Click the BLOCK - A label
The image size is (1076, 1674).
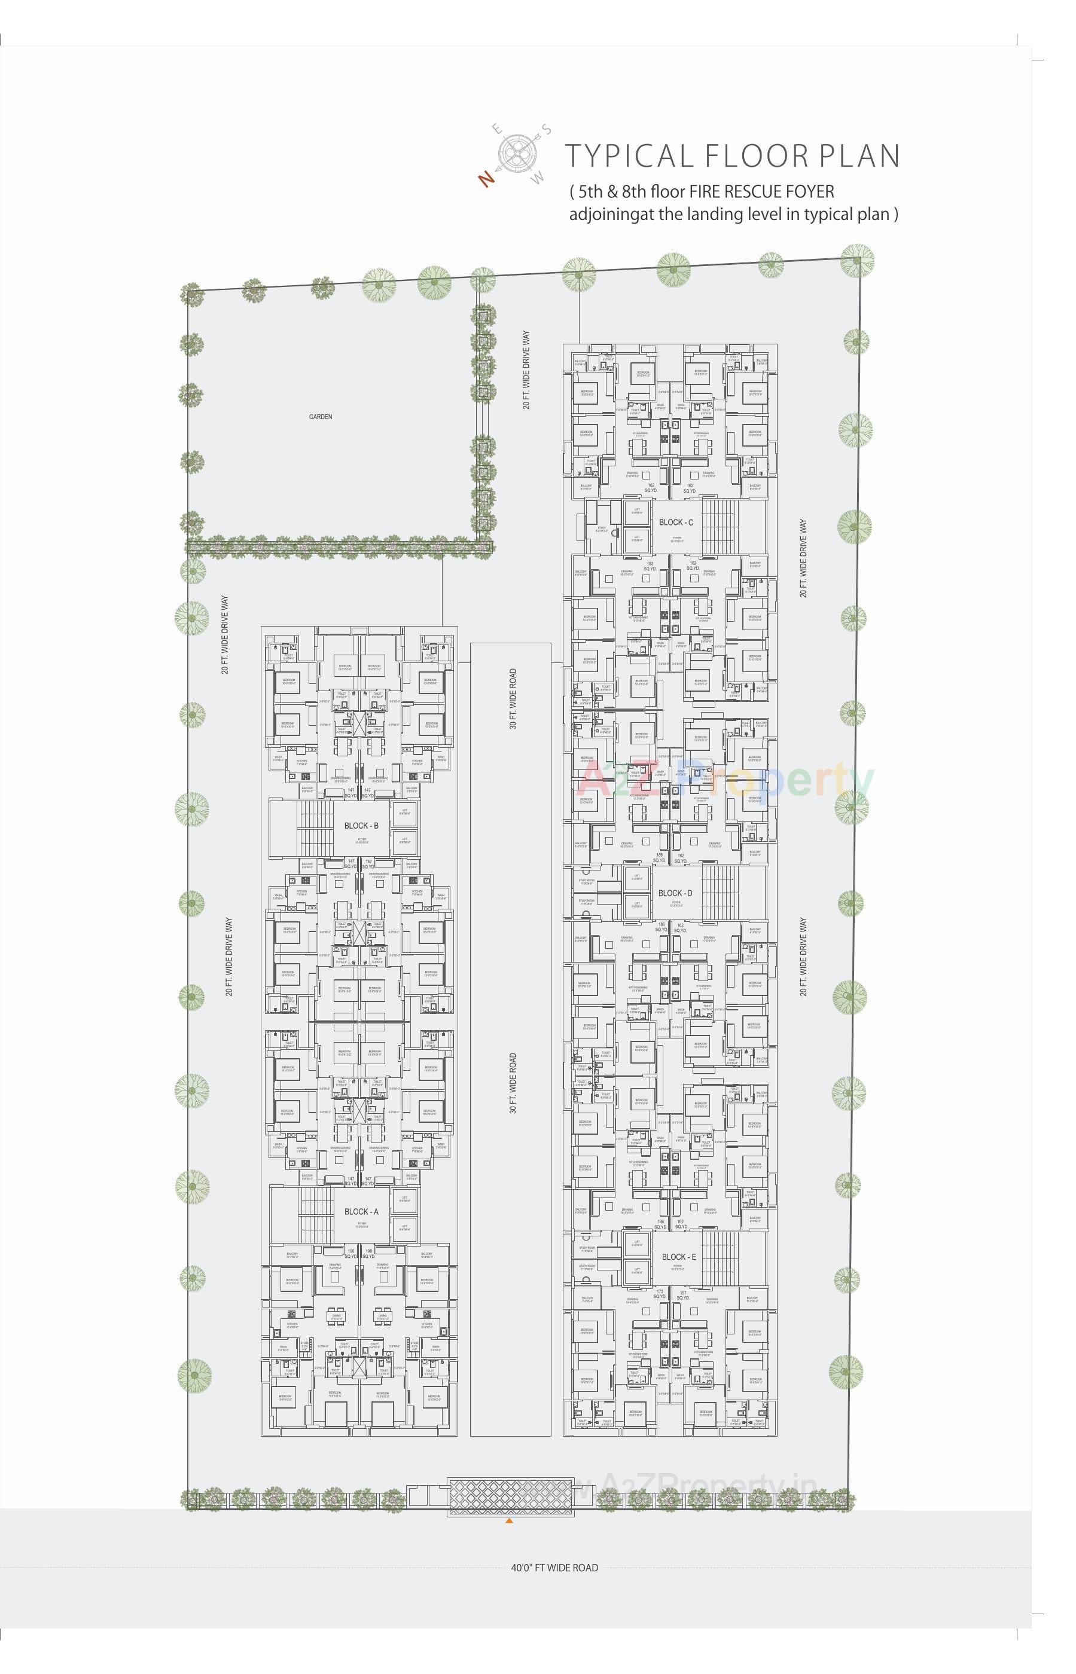[x=361, y=1212]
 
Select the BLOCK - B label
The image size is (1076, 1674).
[x=361, y=826]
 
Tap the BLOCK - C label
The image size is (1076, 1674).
[x=676, y=523]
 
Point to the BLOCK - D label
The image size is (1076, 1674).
[x=675, y=893]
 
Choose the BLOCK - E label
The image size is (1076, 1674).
[x=678, y=1257]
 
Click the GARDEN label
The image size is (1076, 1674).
[x=321, y=417]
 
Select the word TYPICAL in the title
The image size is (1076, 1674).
[x=627, y=155]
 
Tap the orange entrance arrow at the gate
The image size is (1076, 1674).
[x=510, y=1520]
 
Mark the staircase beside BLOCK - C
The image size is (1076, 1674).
[x=719, y=524]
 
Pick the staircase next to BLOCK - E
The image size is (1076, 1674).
[x=719, y=1258]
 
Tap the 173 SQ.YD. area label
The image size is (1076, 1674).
[x=659, y=1295]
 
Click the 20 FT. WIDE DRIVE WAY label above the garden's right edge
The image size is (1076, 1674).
[x=526, y=370]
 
